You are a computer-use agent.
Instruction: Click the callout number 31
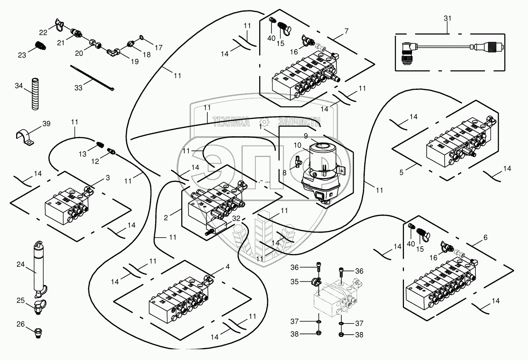coord(447,18)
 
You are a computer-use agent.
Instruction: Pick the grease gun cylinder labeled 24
coord(38,269)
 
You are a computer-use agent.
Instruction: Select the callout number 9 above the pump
coord(306,135)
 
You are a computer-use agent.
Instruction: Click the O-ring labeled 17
coord(142,38)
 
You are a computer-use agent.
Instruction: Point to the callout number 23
coord(22,55)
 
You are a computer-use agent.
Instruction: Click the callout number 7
coord(346,31)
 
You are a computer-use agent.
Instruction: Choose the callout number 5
coord(401,172)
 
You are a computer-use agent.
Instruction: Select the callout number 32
coord(236,218)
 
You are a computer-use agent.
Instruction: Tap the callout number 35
coord(295,282)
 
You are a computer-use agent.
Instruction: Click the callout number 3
coord(108,178)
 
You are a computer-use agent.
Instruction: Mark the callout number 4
coord(228,266)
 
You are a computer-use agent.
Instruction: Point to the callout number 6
coord(485,238)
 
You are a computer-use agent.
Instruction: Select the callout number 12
coord(95,161)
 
